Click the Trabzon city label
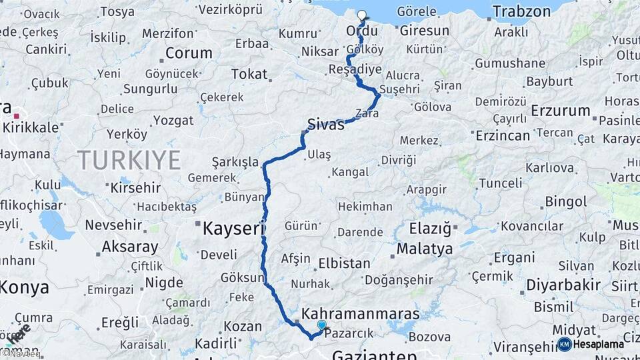pos(521,11)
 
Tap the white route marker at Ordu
pos(362,15)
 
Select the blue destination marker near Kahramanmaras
pos(322,325)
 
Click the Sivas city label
pos(326,123)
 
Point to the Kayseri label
pos(230,229)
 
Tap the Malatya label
pos(425,249)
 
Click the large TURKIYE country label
pos(129,160)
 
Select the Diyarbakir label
pos(563,285)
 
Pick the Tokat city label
pos(249,74)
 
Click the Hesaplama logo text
pos(599,344)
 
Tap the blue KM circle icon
pos(565,344)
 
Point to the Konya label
pos(25,287)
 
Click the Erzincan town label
pos(503,135)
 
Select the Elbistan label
pos(344,263)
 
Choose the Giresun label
pos(424,31)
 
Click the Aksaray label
pos(130,247)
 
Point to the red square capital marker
pos(16,115)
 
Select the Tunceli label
pos(501,183)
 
